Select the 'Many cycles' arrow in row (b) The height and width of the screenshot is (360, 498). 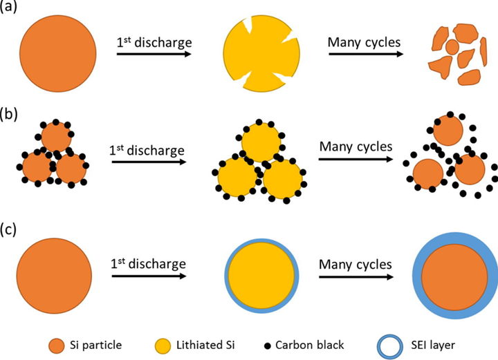coord(354,162)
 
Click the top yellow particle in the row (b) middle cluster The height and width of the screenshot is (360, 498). coord(260,142)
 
